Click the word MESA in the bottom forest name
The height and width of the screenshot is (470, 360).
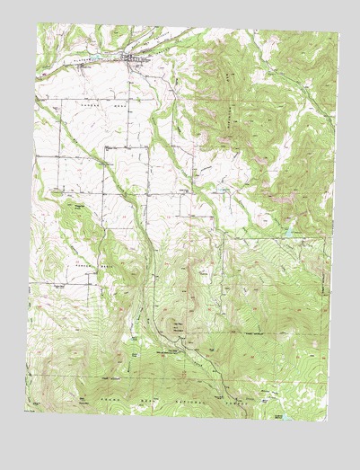point(144,397)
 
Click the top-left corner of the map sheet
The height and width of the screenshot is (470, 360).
point(38,24)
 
